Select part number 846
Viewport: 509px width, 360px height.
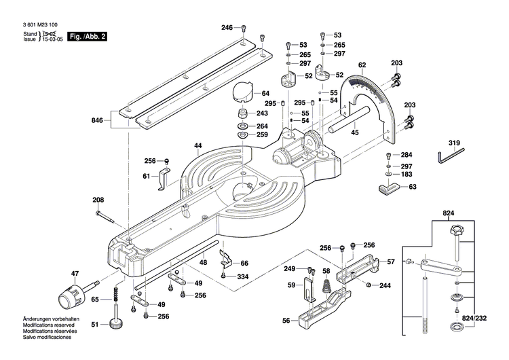tap(98, 120)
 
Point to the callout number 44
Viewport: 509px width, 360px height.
tap(197, 146)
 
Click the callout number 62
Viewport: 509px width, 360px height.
tap(362, 65)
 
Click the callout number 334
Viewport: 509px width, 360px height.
tap(242, 276)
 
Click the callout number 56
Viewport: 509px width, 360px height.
tap(286, 321)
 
